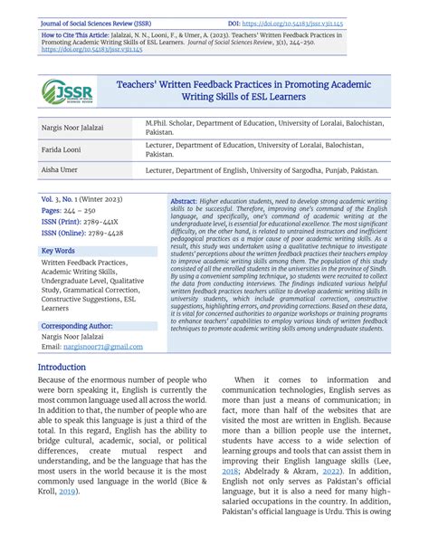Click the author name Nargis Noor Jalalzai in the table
tap(72, 128)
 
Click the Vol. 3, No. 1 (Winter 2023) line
tap(86, 197)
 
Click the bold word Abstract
tap(184, 199)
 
